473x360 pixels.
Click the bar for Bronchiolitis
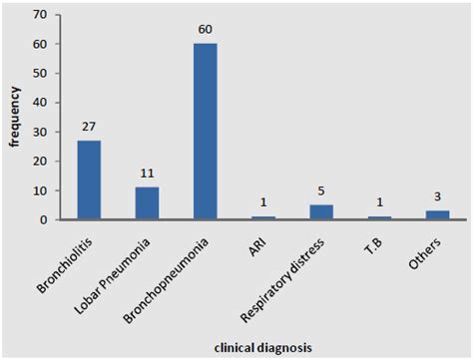89,180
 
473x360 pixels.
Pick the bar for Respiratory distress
321,211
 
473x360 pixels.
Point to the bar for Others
437,214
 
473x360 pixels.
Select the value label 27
89,129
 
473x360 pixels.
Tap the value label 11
147,176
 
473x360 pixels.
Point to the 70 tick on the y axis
39,15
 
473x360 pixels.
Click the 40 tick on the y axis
39,103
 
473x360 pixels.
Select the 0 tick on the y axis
42,219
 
